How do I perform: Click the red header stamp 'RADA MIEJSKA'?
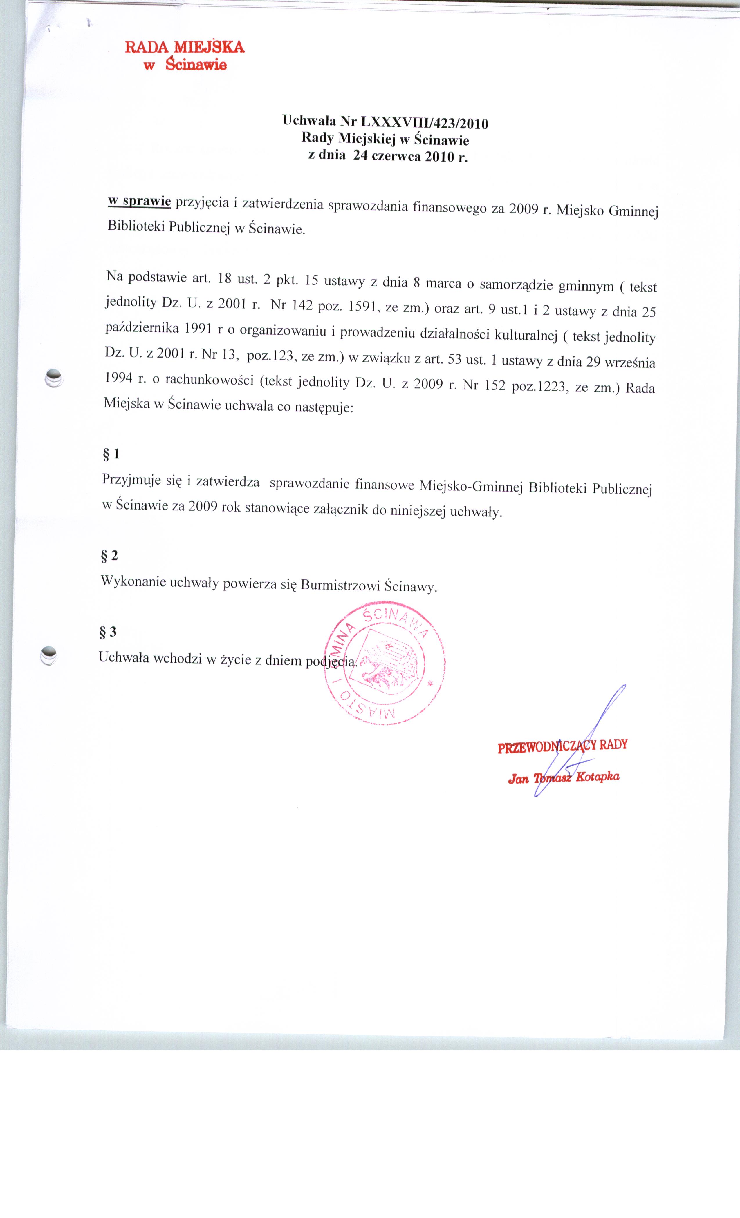tap(185, 48)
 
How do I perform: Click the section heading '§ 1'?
tap(111, 454)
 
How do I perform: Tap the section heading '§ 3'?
tap(108, 631)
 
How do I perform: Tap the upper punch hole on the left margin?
tap(54, 378)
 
